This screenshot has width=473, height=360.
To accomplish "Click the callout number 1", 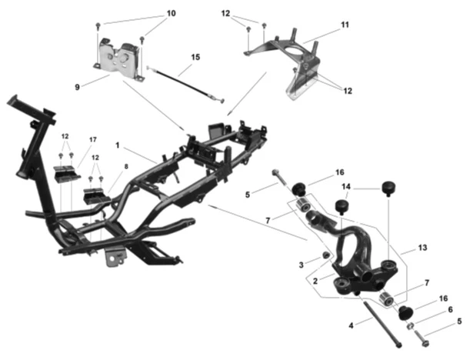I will (x=118, y=145).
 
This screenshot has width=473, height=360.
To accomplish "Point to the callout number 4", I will (x=351, y=326).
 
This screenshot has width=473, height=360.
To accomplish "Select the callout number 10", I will (x=170, y=13).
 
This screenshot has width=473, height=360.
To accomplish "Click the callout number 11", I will (x=345, y=25).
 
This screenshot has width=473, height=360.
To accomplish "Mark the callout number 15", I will (x=195, y=57).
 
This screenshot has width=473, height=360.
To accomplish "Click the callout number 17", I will (x=92, y=140).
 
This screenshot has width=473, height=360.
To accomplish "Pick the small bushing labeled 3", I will (x=326, y=254).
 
